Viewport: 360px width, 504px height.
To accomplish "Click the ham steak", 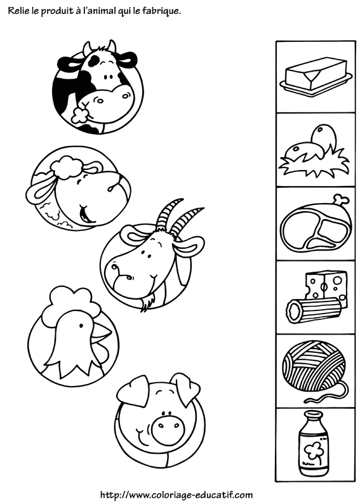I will click(x=314, y=225).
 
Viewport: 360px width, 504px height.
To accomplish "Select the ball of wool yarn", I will click(x=313, y=368).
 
